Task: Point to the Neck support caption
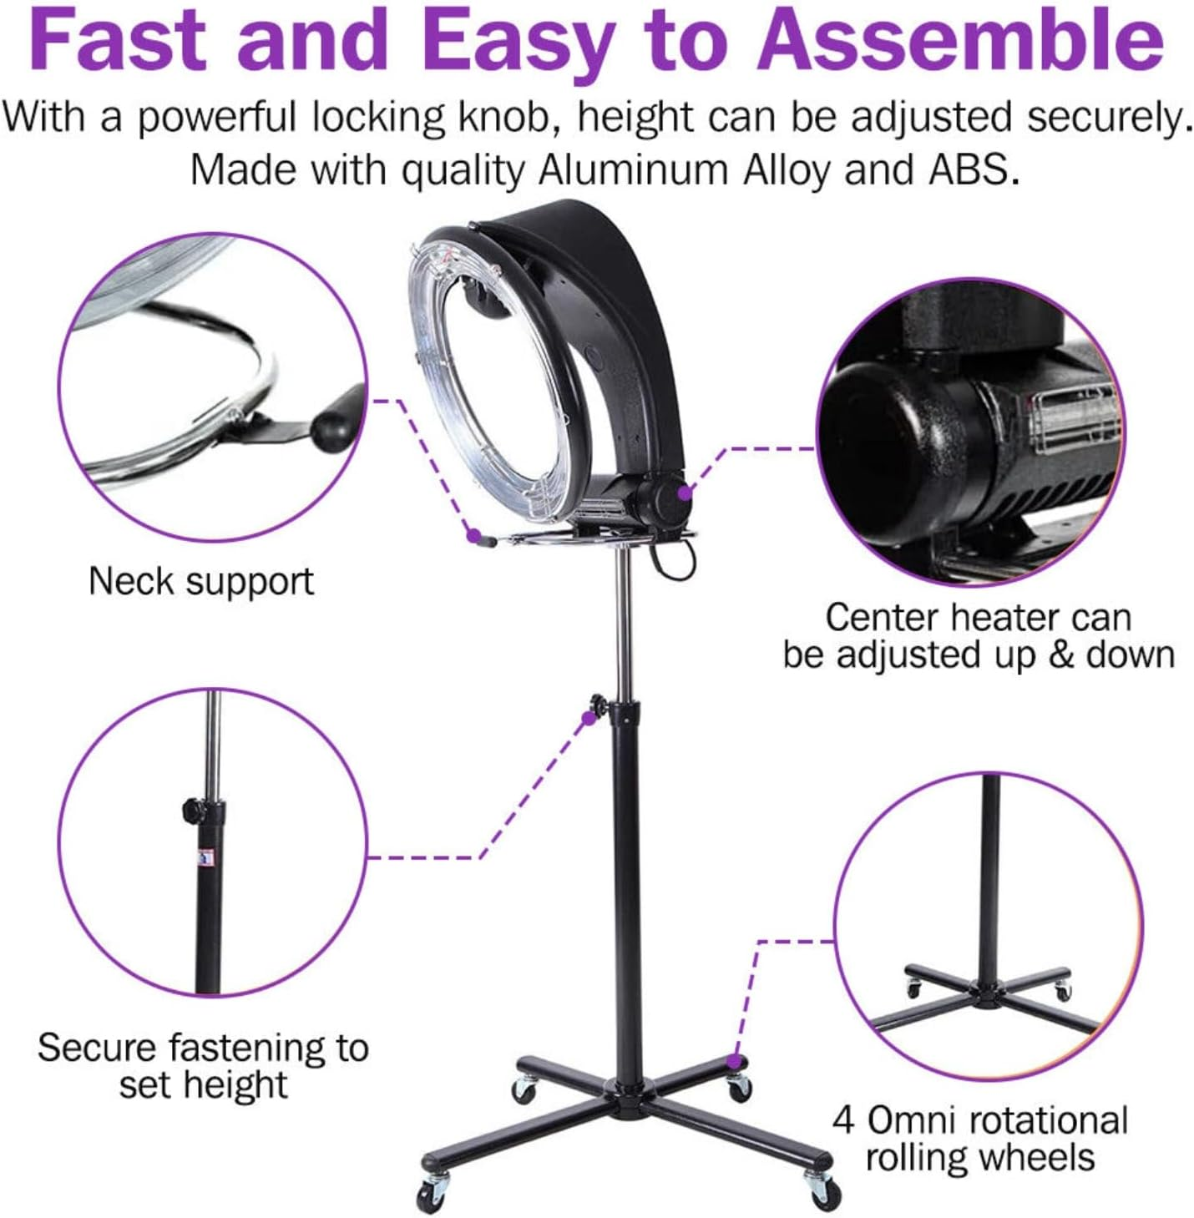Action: [x=201, y=581]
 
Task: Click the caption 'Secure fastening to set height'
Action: [x=203, y=1065]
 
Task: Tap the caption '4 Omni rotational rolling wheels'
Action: [x=979, y=1139]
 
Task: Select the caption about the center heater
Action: [x=978, y=636]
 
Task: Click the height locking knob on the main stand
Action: [x=599, y=702]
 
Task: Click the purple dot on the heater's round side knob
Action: [x=685, y=493]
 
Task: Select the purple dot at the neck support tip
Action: [x=473, y=533]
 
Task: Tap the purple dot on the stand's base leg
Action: [x=734, y=1062]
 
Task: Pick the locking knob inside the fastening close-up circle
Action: [x=190, y=808]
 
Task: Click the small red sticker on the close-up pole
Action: [x=203, y=857]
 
